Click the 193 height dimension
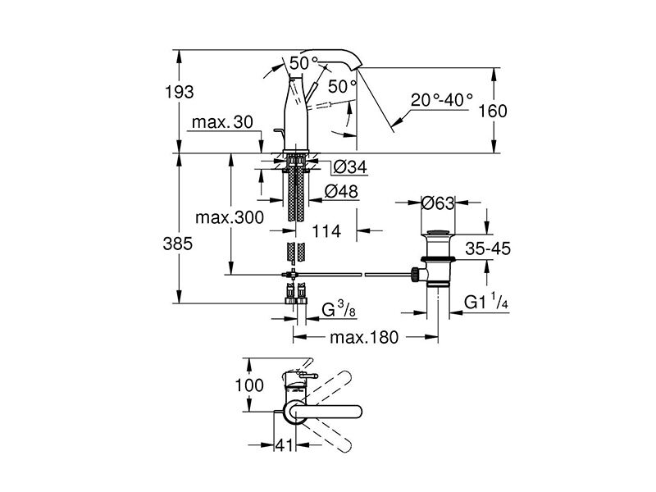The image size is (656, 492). (x=179, y=92)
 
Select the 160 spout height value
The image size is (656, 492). (x=493, y=111)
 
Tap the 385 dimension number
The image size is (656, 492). (x=178, y=244)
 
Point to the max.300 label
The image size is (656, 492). (x=230, y=217)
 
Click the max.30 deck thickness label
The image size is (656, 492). (x=222, y=122)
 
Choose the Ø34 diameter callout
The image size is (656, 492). (x=351, y=167)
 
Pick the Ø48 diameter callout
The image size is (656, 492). (x=342, y=192)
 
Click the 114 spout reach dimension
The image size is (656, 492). (x=326, y=231)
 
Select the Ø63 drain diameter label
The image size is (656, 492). (x=438, y=203)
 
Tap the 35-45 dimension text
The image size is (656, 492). (x=488, y=249)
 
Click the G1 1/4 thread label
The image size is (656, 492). (x=486, y=302)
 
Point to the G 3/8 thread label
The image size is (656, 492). (x=339, y=310)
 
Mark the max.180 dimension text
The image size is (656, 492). (x=364, y=337)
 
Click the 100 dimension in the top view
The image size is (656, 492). (x=249, y=385)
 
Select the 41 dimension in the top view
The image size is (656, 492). (x=285, y=445)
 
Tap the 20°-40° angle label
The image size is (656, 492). (x=442, y=100)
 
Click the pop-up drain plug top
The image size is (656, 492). (x=438, y=232)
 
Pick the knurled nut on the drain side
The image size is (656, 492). (x=415, y=275)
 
